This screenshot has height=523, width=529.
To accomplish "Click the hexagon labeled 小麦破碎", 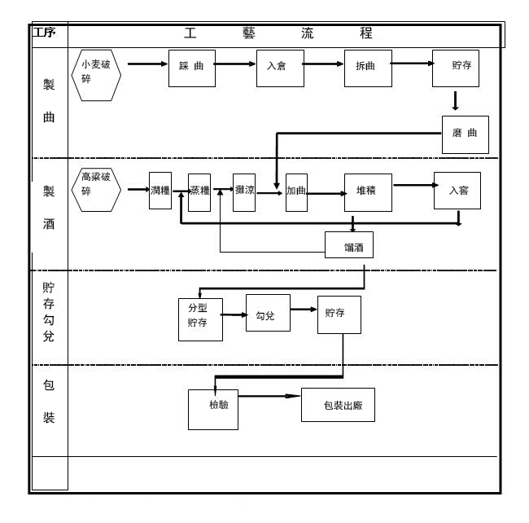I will [x=96, y=77].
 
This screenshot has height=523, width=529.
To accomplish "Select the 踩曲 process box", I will [x=190, y=68].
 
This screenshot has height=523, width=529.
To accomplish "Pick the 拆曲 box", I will [x=367, y=68].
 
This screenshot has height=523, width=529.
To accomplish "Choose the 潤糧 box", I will [x=160, y=191].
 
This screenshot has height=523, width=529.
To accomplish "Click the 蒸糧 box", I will [x=199, y=191].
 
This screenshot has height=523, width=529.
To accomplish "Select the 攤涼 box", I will [x=244, y=191].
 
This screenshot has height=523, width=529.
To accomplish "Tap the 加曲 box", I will [x=295, y=192].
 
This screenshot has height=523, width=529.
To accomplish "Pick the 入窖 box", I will [x=457, y=191].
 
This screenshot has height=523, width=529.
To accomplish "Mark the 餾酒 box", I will [x=348, y=244].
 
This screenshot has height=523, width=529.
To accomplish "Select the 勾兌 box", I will [x=267, y=315].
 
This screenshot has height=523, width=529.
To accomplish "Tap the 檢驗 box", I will [x=213, y=409].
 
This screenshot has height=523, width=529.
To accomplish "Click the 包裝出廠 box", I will [x=338, y=405].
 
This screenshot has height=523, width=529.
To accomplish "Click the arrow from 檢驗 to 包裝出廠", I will [x=269, y=397].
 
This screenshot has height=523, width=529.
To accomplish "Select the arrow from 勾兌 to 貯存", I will [x=304, y=310].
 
